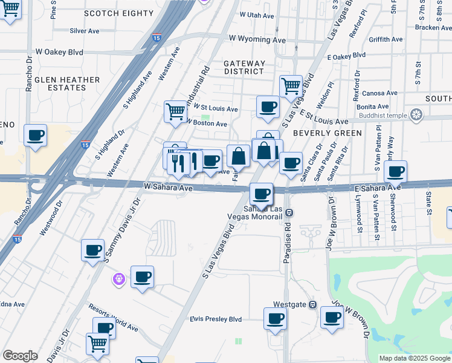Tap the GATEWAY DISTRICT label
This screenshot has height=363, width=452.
coord(244,67)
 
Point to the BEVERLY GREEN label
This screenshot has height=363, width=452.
coord(327,133)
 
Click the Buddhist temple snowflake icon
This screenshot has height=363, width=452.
coord(416,114)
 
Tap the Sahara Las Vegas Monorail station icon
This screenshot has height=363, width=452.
coord(289,212)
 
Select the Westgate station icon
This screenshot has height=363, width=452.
coord(312,304)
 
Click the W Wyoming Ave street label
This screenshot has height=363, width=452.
coord(257,39)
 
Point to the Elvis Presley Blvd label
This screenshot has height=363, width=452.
coord(215,319)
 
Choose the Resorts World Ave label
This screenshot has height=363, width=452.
coord(114,318)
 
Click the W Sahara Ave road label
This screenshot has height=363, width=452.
coord(168,188)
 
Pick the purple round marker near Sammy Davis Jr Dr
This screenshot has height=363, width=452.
coord(120,279)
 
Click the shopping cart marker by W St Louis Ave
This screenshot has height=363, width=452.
coord(175,111)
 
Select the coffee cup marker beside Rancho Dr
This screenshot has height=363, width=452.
coord(35,135)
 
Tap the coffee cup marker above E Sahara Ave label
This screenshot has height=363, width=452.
coord(395,171)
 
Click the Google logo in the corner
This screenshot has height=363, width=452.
coord(20,356)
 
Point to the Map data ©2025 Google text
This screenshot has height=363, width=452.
coord(415,358)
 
